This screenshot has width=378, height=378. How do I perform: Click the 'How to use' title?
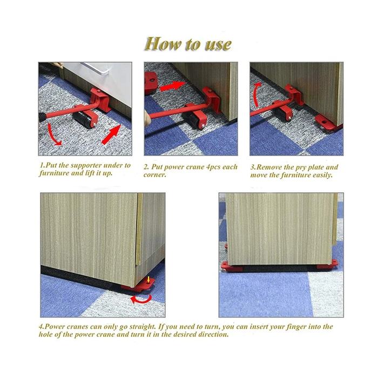tap(188, 44)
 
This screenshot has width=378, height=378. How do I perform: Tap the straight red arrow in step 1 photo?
tap(111, 134)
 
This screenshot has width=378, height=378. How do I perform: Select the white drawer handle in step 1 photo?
tap(96, 68)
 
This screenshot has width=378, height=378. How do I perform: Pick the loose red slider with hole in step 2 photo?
tap(151, 83)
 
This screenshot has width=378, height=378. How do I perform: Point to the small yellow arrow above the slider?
tap(148, 280)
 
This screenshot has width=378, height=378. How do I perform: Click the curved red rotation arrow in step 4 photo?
tap(141, 299)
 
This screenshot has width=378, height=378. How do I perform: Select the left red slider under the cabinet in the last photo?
tap(232, 267)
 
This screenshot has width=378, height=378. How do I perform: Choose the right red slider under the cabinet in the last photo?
tap(327, 265)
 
